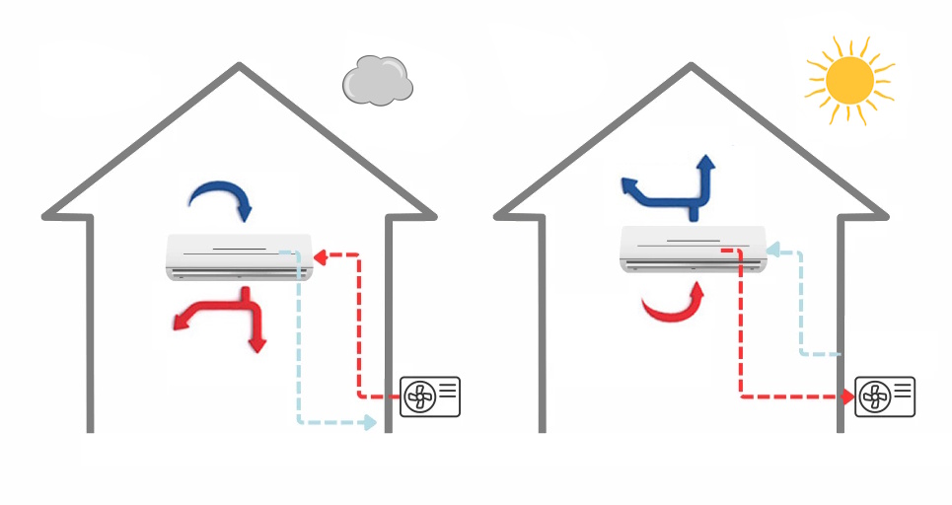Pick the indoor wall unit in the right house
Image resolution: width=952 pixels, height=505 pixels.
(692, 248)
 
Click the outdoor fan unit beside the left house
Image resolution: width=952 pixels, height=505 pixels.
(429, 397)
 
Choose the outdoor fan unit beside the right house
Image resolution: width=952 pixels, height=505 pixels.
(884, 397)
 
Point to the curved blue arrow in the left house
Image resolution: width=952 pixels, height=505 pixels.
(223, 198)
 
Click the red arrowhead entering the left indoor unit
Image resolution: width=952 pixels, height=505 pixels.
(319, 257)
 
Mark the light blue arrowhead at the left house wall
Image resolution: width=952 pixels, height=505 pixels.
(369, 422)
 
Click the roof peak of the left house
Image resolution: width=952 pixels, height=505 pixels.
(239, 67)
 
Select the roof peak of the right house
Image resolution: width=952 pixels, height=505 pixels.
(692, 67)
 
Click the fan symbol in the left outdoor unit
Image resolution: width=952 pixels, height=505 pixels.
(417, 397)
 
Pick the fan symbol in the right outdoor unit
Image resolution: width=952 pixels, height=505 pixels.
(872, 397)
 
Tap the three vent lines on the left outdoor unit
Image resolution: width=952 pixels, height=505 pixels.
(447, 390)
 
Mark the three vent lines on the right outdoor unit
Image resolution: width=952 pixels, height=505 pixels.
(902, 390)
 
